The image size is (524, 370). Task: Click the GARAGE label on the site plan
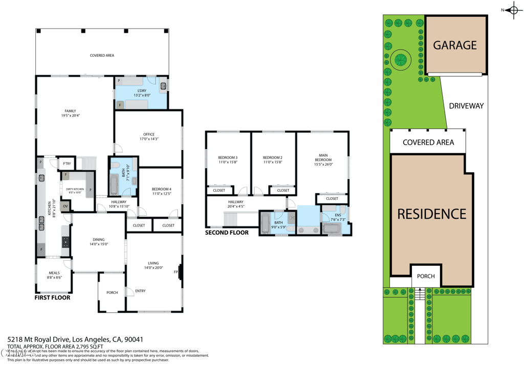coord(455,45)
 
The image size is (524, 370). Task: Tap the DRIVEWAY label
coord(466,106)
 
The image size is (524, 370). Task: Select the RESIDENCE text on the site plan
coord(432,214)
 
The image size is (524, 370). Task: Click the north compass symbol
coord(513,10)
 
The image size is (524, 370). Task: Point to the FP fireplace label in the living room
coord(176,272)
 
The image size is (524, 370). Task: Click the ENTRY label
coord(140,291)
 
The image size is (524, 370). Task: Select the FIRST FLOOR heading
coord(52,297)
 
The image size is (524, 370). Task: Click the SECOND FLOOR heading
coord(227,233)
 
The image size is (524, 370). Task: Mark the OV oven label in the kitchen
coord(65,206)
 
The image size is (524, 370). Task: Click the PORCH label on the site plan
coord(426,276)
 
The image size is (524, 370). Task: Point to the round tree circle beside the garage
coord(400,60)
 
